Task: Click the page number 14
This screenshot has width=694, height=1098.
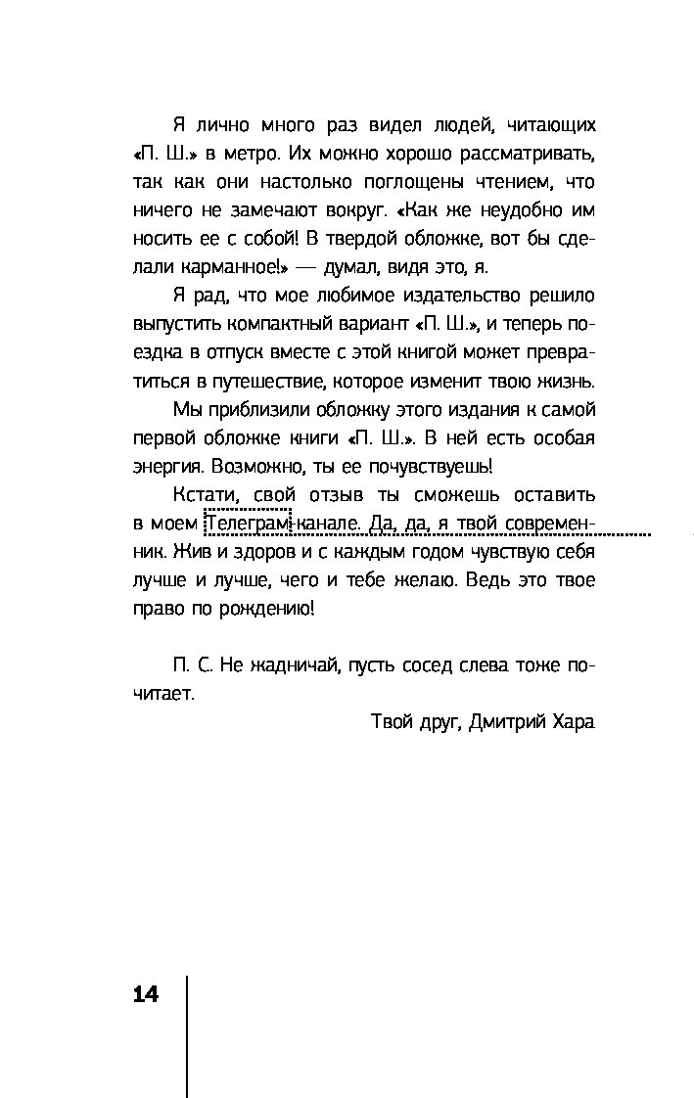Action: click(144, 994)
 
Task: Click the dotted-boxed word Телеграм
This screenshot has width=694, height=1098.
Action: click(247, 524)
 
